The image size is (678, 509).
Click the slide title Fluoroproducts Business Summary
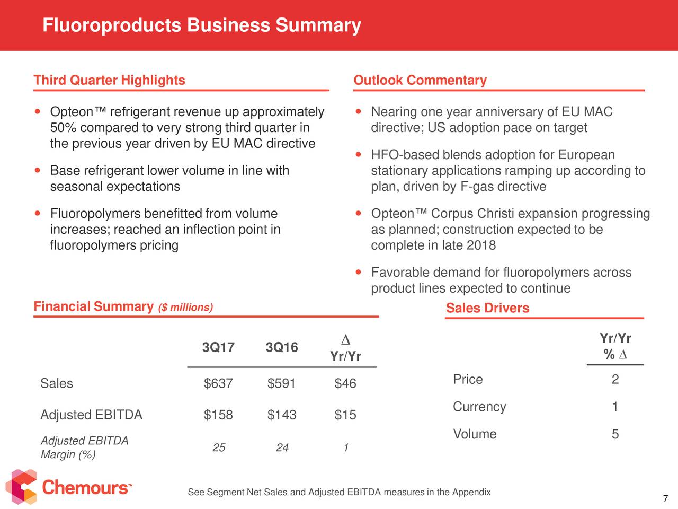pyautogui.click(x=202, y=25)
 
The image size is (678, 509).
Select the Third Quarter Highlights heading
pyautogui.click(x=109, y=80)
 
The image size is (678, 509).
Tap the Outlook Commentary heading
pyautogui.click(x=420, y=80)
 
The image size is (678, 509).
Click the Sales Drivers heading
pyautogui.click(x=487, y=308)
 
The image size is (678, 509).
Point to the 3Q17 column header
pyautogui.click(x=218, y=347)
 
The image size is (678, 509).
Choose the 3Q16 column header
pyautogui.click(x=282, y=347)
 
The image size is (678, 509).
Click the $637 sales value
pyautogui.click(x=218, y=383)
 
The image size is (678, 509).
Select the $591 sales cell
pyautogui.click(x=281, y=383)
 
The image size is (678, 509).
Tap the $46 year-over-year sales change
pyautogui.click(x=345, y=383)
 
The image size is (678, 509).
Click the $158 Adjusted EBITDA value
pyautogui.click(x=218, y=415)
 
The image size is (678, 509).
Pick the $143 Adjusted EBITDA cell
pyautogui.click(x=282, y=415)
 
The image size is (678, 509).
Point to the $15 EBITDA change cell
pyautogui.click(x=345, y=415)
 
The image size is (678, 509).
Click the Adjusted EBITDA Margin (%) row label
pyautogui.click(x=84, y=447)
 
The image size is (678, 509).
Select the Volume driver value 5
pyautogui.click(x=615, y=434)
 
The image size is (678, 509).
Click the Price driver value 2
pyautogui.click(x=615, y=379)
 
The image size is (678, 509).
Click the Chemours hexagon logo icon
pyautogui.click(x=21, y=487)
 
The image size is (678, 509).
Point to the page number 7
pyautogui.click(x=665, y=498)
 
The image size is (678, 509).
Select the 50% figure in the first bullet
pyautogui.click(x=64, y=128)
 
